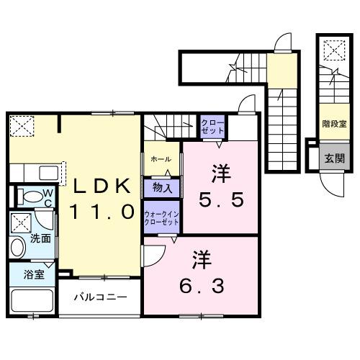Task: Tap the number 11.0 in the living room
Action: point(101,212)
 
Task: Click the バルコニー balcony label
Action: point(100,297)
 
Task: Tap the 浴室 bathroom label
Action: point(34,274)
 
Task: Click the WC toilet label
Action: point(45,196)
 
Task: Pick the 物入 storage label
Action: point(162,189)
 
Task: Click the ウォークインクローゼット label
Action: point(162,217)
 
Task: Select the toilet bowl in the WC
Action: point(29,197)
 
